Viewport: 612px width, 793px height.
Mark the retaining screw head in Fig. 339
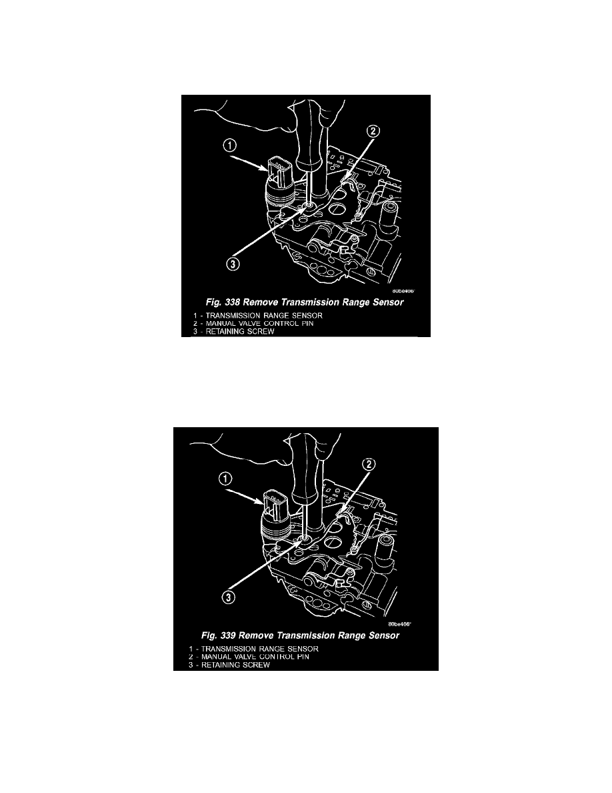pos(304,538)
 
